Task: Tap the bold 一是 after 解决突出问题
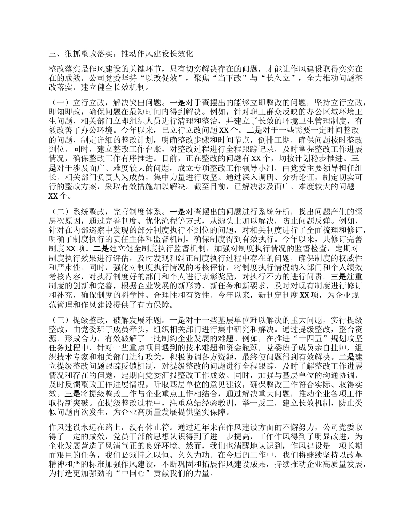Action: click(177, 103)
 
